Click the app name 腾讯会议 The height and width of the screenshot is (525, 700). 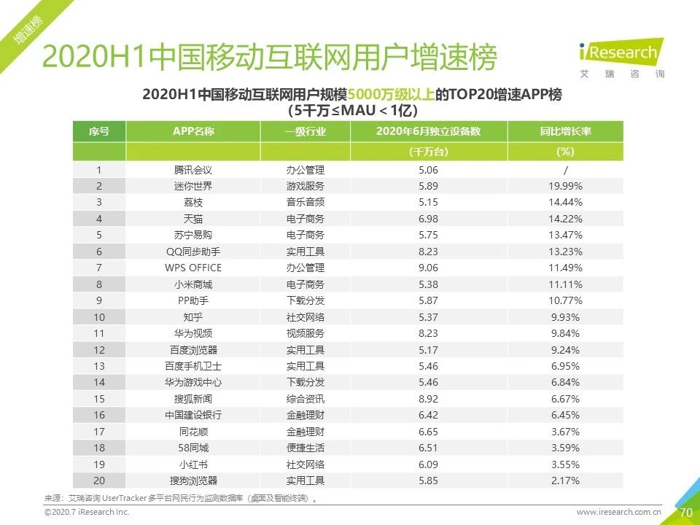[x=192, y=170]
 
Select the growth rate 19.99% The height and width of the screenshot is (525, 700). [x=565, y=186]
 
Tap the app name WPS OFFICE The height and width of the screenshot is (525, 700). [x=192, y=268]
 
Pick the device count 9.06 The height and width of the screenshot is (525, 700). [x=428, y=268]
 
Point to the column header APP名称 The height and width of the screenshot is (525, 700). [x=192, y=132]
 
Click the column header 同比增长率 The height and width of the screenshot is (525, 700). [x=565, y=132]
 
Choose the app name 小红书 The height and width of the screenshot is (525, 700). [x=192, y=464]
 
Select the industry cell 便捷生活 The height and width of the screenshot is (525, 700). [x=305, y=448]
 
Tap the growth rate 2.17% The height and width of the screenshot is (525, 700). [x=565, y=481]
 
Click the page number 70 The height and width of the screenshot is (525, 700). [x=685, y=513]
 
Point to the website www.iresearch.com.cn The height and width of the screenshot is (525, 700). [x=618, y=513]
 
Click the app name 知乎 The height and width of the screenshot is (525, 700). [x=192, y=317]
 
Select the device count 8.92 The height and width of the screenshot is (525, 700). [x=428, y=399]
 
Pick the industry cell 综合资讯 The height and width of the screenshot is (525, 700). [x=305, y=399]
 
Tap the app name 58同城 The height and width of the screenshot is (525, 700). [x=192, y=448]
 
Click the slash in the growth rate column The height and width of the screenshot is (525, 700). [x=565, y=170]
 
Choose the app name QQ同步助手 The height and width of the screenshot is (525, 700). [x=192, y=252]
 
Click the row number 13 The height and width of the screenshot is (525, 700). [x=99, y=366]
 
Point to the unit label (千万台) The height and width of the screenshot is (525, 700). [x=428, y=152]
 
